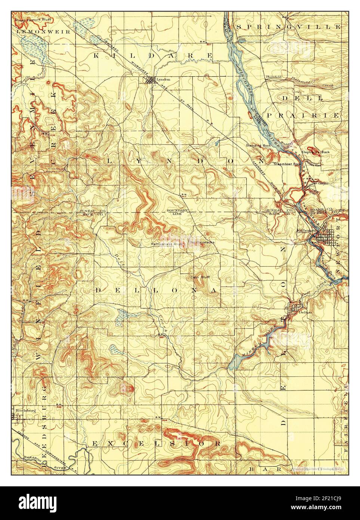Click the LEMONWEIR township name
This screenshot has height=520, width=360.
43,32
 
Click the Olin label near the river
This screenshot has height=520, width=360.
242,38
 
